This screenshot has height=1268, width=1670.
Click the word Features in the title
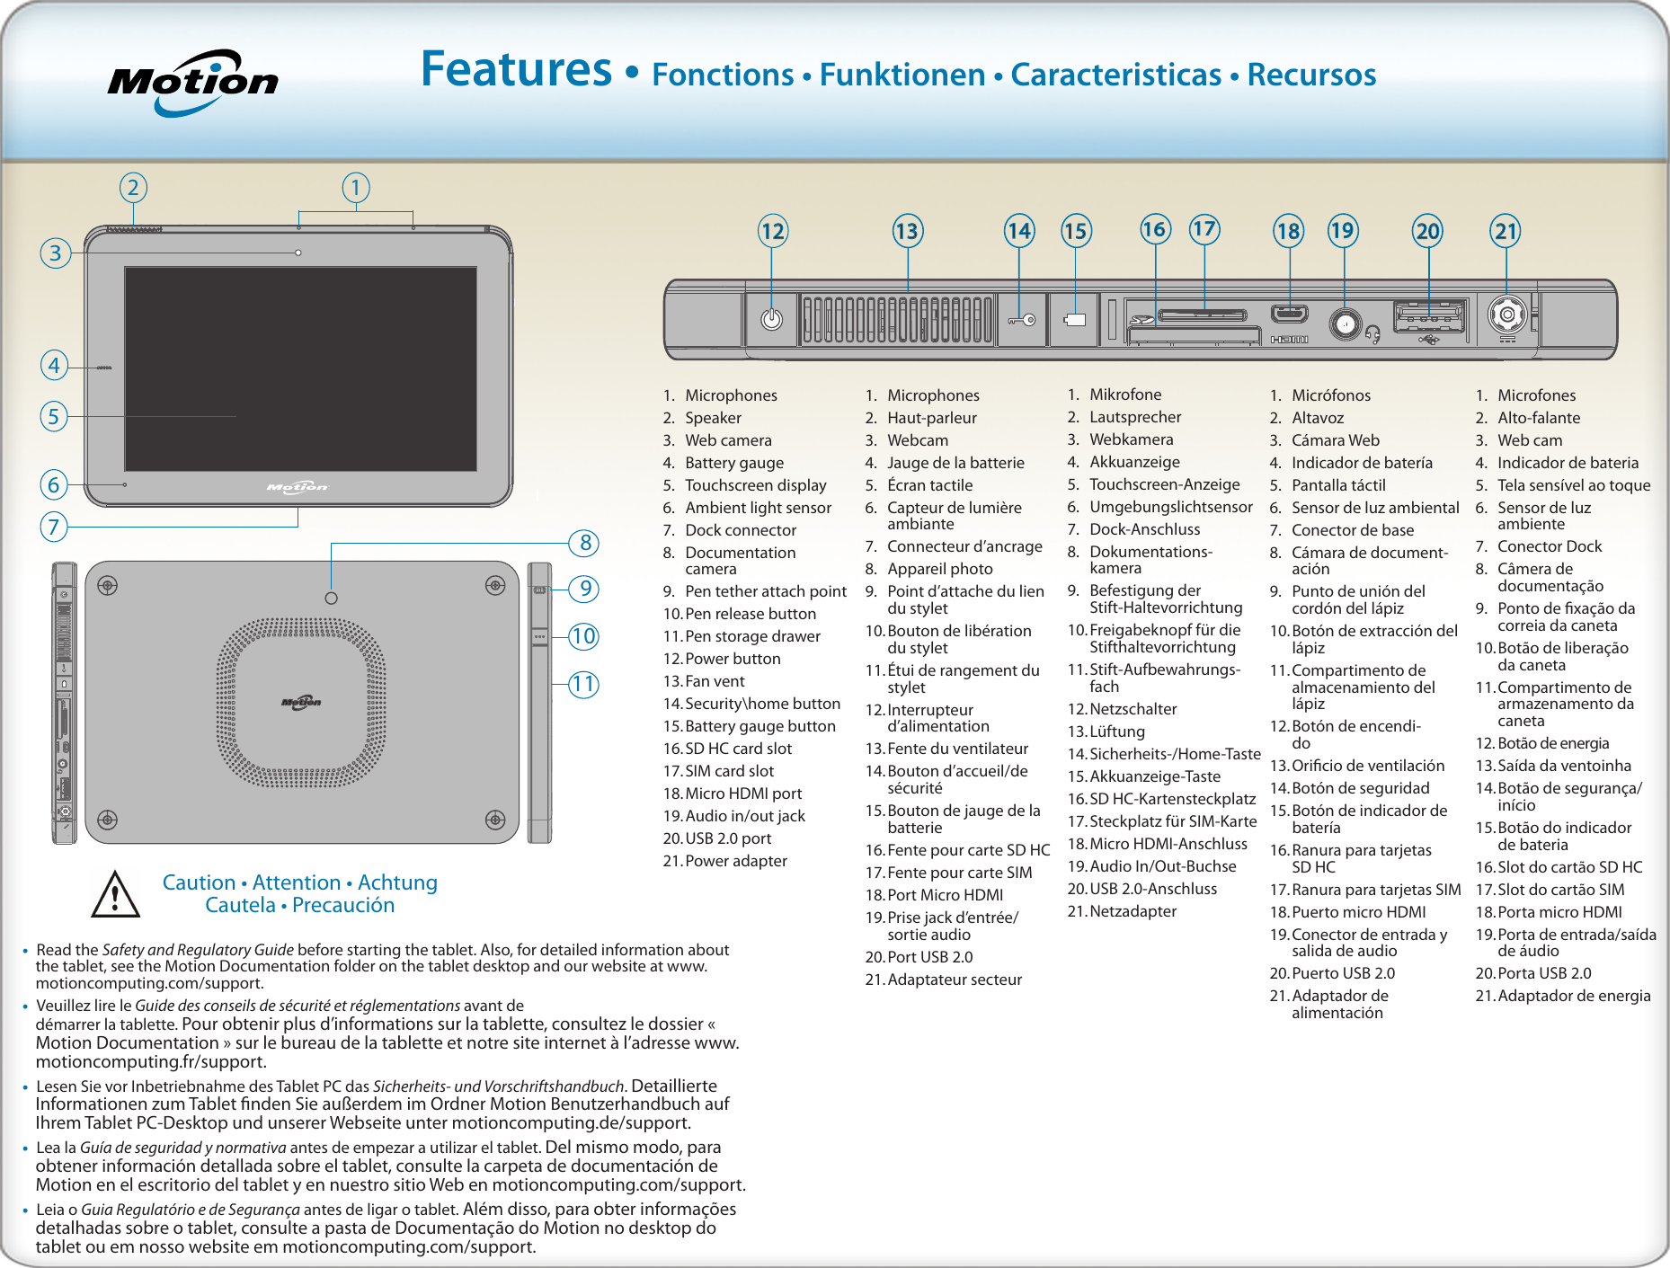pyautogui.click(x=516, y=70)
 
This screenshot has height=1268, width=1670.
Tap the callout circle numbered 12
pyautogui.click(x=772, y=232)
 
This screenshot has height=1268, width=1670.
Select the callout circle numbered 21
pyautogui.click(x=1506, y=232)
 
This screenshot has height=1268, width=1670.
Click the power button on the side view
pyautogui.click(x=771, y=320)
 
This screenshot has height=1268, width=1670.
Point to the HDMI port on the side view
pyautogui.click(x=1289, y=315)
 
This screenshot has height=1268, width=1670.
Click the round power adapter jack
pyautogui.click(x=1506, y=315)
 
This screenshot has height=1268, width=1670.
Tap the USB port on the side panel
pyautogui.click(x=1428, y=318)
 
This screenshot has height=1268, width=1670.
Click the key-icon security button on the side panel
pyautogui.click(x=1022, y=320)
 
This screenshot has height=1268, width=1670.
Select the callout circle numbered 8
pyautogui.click(x=584, y=543)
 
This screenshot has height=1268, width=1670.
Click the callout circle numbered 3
pyautogui.click(x=56, y=253)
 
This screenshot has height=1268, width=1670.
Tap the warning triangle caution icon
pyautogui.click(x=115, y=894)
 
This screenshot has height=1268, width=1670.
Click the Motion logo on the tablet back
pyautogui.click(x=301, y=702)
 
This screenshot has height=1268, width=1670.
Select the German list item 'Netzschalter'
pyautogui.click(x=1133, y=709)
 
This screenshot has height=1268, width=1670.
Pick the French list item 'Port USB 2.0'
pyautogui.click(x=929, y=957)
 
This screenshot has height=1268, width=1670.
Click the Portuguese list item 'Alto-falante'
pyautogui.click(x=1538, y=418)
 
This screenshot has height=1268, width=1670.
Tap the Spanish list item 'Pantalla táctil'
pyautogui.click(x=1338, y=485)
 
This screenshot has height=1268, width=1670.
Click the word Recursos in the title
pyautogui.click(x=1311, y=75)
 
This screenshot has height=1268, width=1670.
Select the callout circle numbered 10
pyautogui.click(x=584, y=637)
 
